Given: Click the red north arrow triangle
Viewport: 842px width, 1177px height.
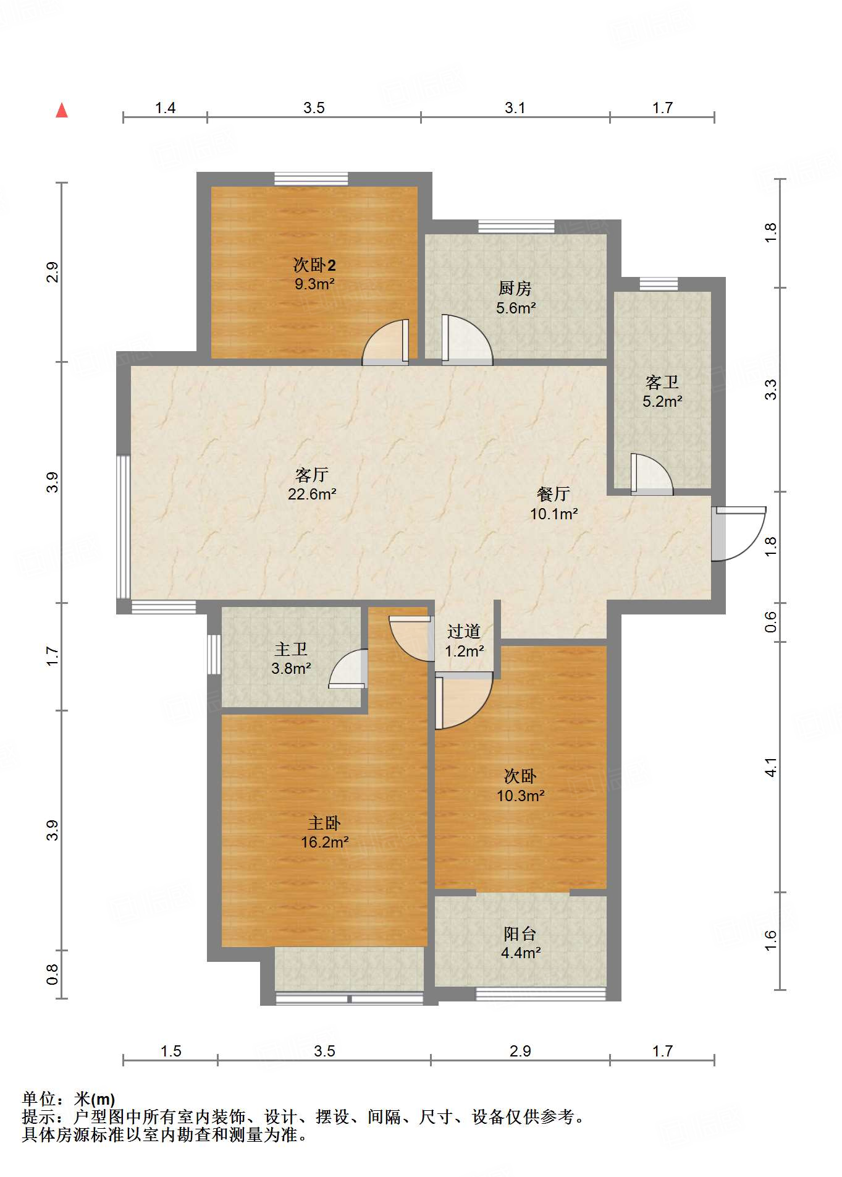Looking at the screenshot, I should coord(62,111).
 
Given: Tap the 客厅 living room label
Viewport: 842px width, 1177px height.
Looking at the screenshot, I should coord(311,475).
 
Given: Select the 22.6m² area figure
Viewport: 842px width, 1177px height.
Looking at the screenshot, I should coord(311,494).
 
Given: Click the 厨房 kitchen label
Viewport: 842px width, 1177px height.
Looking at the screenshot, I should coord(515,288).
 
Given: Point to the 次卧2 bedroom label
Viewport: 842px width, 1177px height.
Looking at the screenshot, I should coord(314,265).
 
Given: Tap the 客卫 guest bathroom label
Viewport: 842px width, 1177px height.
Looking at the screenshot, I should coord(662,381).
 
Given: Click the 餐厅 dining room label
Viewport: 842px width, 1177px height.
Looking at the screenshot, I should coord(553,494).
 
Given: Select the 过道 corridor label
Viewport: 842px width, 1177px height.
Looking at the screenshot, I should coord(464,631).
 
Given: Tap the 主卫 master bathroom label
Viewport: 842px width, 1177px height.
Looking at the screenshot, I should coord(290,649).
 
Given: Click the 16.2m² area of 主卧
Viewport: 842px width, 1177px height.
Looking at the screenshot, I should coord(325,842).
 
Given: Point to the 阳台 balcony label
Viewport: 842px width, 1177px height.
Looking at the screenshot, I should coord(520,933).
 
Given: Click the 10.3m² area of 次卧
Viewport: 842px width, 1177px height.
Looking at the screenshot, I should coord(520,796).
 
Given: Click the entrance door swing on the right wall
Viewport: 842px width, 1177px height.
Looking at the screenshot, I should coord(741,535).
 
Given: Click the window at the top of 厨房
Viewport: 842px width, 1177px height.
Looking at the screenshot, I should coord(516,227).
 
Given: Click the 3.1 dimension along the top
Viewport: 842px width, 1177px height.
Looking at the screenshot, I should coord(515,108).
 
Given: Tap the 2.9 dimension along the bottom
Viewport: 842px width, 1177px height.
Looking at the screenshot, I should coord(520,1051).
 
